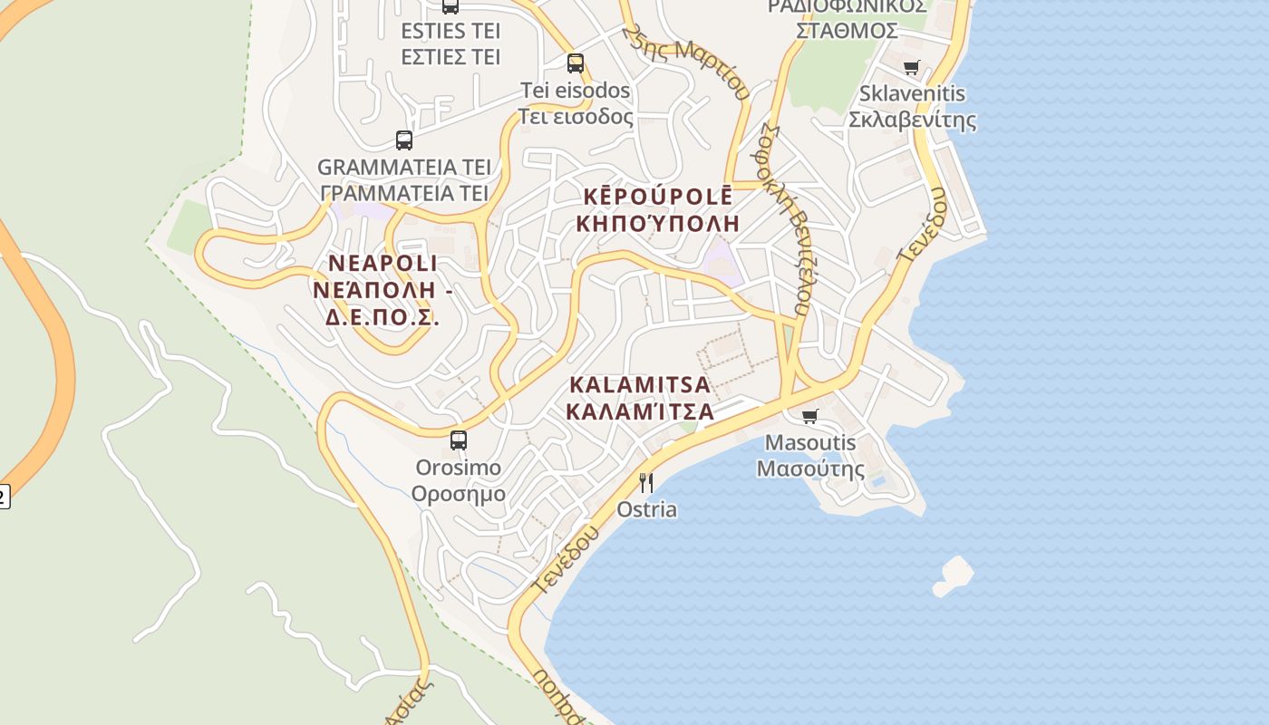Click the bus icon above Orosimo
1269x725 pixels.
click(x=459, y=440)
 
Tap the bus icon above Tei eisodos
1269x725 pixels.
click(x=576, y=63)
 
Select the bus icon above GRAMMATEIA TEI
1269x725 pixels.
click(x=404, y=140)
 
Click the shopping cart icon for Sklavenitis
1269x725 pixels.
click(x=912, y=67)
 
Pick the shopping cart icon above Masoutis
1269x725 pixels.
click(x=809, y=416)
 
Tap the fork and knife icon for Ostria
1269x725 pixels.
click(x=646, y=482)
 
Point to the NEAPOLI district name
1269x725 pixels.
click(x=383, y=264)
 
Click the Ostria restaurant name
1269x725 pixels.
click(x=646, y=509)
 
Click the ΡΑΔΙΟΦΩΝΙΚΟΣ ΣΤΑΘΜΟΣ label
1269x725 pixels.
click(x=848, y=18)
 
